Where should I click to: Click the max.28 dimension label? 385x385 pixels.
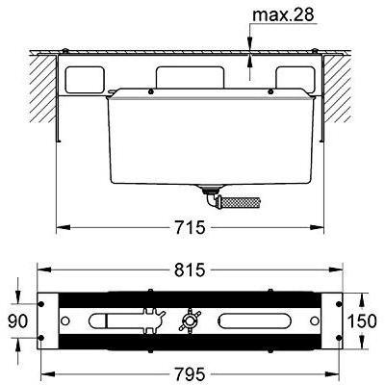[x=283, y=15]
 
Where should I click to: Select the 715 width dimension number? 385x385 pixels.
[x=190, y=227]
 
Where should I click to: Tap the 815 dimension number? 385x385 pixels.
[x=190, y=269]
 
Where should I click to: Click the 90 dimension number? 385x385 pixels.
[x=17, y=321]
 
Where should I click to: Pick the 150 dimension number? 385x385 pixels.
[x=362, y=321]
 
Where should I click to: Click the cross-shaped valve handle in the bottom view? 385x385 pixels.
[x=191, y=321]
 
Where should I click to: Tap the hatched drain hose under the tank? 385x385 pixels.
[x=241, y=202]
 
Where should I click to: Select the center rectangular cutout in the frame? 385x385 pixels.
[x=190, y=77]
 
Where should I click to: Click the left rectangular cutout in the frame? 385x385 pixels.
[x=85, y=80]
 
